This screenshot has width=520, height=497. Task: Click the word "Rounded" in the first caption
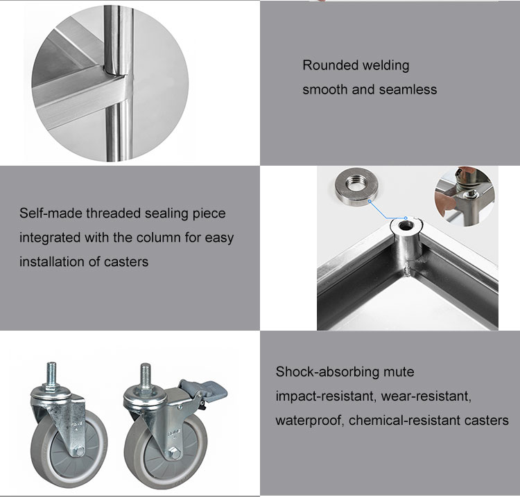329,65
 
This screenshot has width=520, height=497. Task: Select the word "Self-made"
51,213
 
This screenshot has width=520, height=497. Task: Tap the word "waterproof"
310,421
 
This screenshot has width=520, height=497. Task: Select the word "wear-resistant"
426,396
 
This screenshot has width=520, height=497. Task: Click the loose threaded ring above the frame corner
356,186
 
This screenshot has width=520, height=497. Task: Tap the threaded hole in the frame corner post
406,227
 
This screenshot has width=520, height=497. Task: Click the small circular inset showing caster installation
465,196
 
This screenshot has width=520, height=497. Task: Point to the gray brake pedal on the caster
206,390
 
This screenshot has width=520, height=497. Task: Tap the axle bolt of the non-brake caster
79,451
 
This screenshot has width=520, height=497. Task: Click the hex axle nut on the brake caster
173,453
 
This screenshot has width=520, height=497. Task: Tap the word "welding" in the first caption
385,66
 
